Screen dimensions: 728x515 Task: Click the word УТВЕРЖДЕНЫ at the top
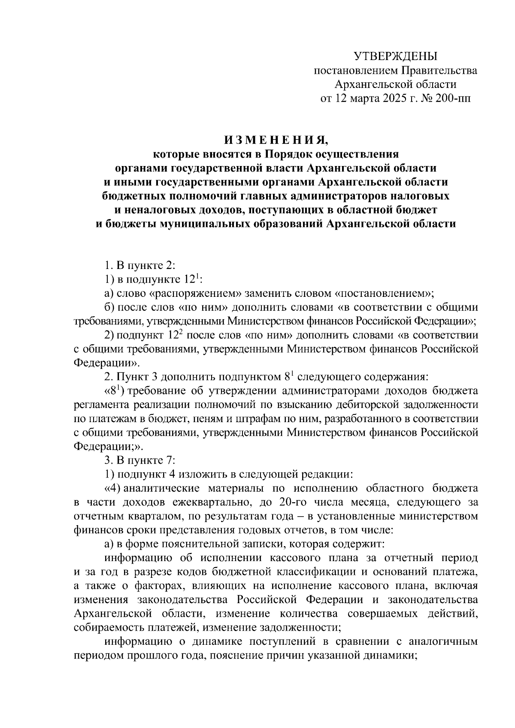click(x=395, y=56)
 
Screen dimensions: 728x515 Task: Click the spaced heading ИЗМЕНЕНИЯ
click(x=275, y=140)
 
